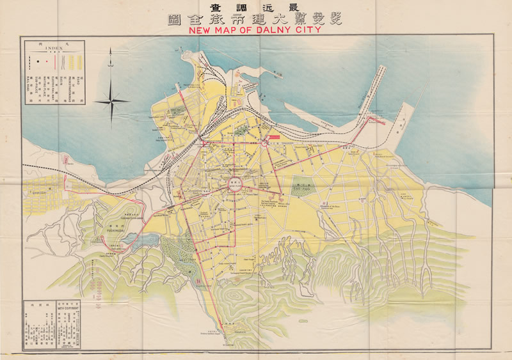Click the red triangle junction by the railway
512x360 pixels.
point(204,143)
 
